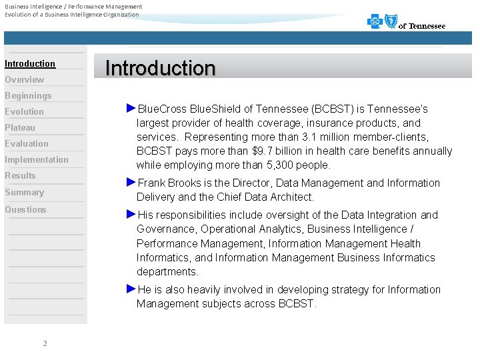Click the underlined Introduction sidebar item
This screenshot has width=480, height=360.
[x=30, y=64]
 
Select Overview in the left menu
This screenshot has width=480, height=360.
[x=24, y=80]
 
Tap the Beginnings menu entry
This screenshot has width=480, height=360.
[x=28, y=96]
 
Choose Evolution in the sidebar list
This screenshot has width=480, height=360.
[x=24, y=112]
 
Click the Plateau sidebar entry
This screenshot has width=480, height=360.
[x=20, y=128]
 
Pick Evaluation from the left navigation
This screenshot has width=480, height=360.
[x=27, y=144]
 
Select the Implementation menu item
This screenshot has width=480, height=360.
[x=37, y=160]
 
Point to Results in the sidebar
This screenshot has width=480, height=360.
[x=20, y=176]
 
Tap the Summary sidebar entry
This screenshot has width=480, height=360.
[x=24, y=193]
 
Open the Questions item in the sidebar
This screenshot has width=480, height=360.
[x=25, y=210]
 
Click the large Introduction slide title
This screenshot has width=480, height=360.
[x=161, y=68]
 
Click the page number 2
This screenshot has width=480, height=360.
[x=45, y=344]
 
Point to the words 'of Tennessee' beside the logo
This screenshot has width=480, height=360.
[x=422, y=26]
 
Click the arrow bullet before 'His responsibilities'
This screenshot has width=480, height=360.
[x=131, y=214]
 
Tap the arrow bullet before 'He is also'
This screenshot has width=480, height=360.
[x=131, y=289]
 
